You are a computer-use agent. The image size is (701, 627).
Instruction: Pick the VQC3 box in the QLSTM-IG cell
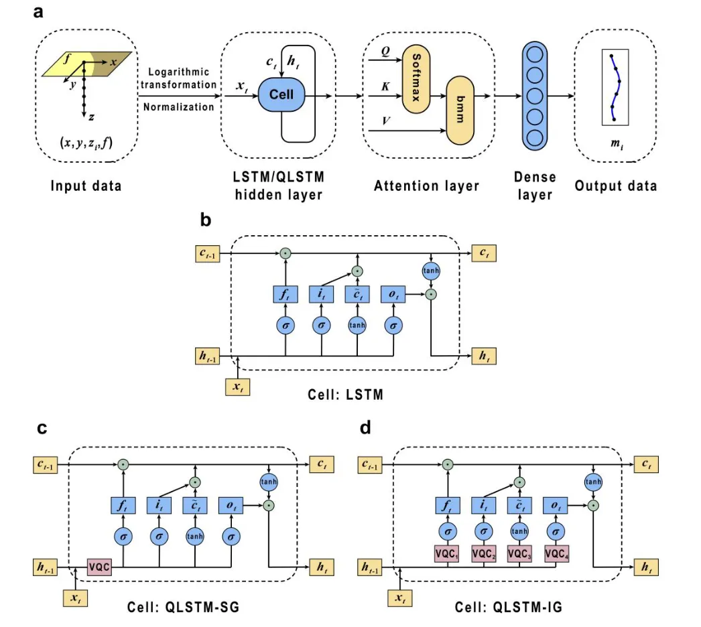point(520,554)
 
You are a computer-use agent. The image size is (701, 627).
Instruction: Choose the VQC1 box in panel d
point(446,554)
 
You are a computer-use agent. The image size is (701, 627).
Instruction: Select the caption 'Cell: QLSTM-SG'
point(183,608)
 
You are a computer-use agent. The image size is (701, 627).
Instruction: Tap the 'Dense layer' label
point(535,186)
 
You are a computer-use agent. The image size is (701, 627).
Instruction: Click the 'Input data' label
point(86,185)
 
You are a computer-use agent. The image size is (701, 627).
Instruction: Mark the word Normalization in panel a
point(179,107)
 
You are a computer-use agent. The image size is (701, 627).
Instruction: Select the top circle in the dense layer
point(535,53)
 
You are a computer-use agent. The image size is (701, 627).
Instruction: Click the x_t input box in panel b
point(237,387)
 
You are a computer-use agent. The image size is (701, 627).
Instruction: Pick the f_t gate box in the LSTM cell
point(286,294)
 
